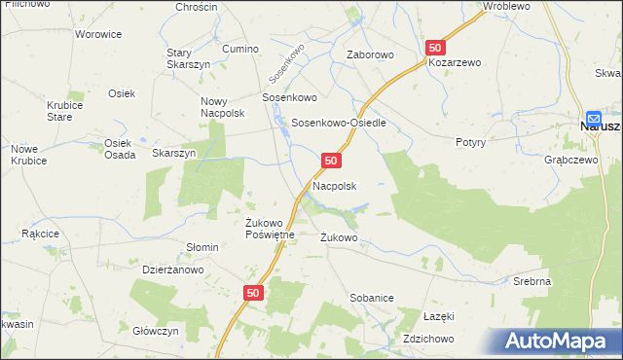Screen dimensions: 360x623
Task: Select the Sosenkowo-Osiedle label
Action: (x=340, y=124)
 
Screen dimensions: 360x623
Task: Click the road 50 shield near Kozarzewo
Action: (x=435, y=48)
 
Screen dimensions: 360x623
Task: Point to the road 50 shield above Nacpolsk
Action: (x=332, y=160)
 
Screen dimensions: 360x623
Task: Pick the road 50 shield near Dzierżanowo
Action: (x=253, y=292)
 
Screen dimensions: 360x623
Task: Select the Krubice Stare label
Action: (x=60, y=111)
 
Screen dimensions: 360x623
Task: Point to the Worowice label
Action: (x=98, y=34)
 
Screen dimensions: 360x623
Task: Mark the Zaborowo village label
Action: (x=371, y=55)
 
